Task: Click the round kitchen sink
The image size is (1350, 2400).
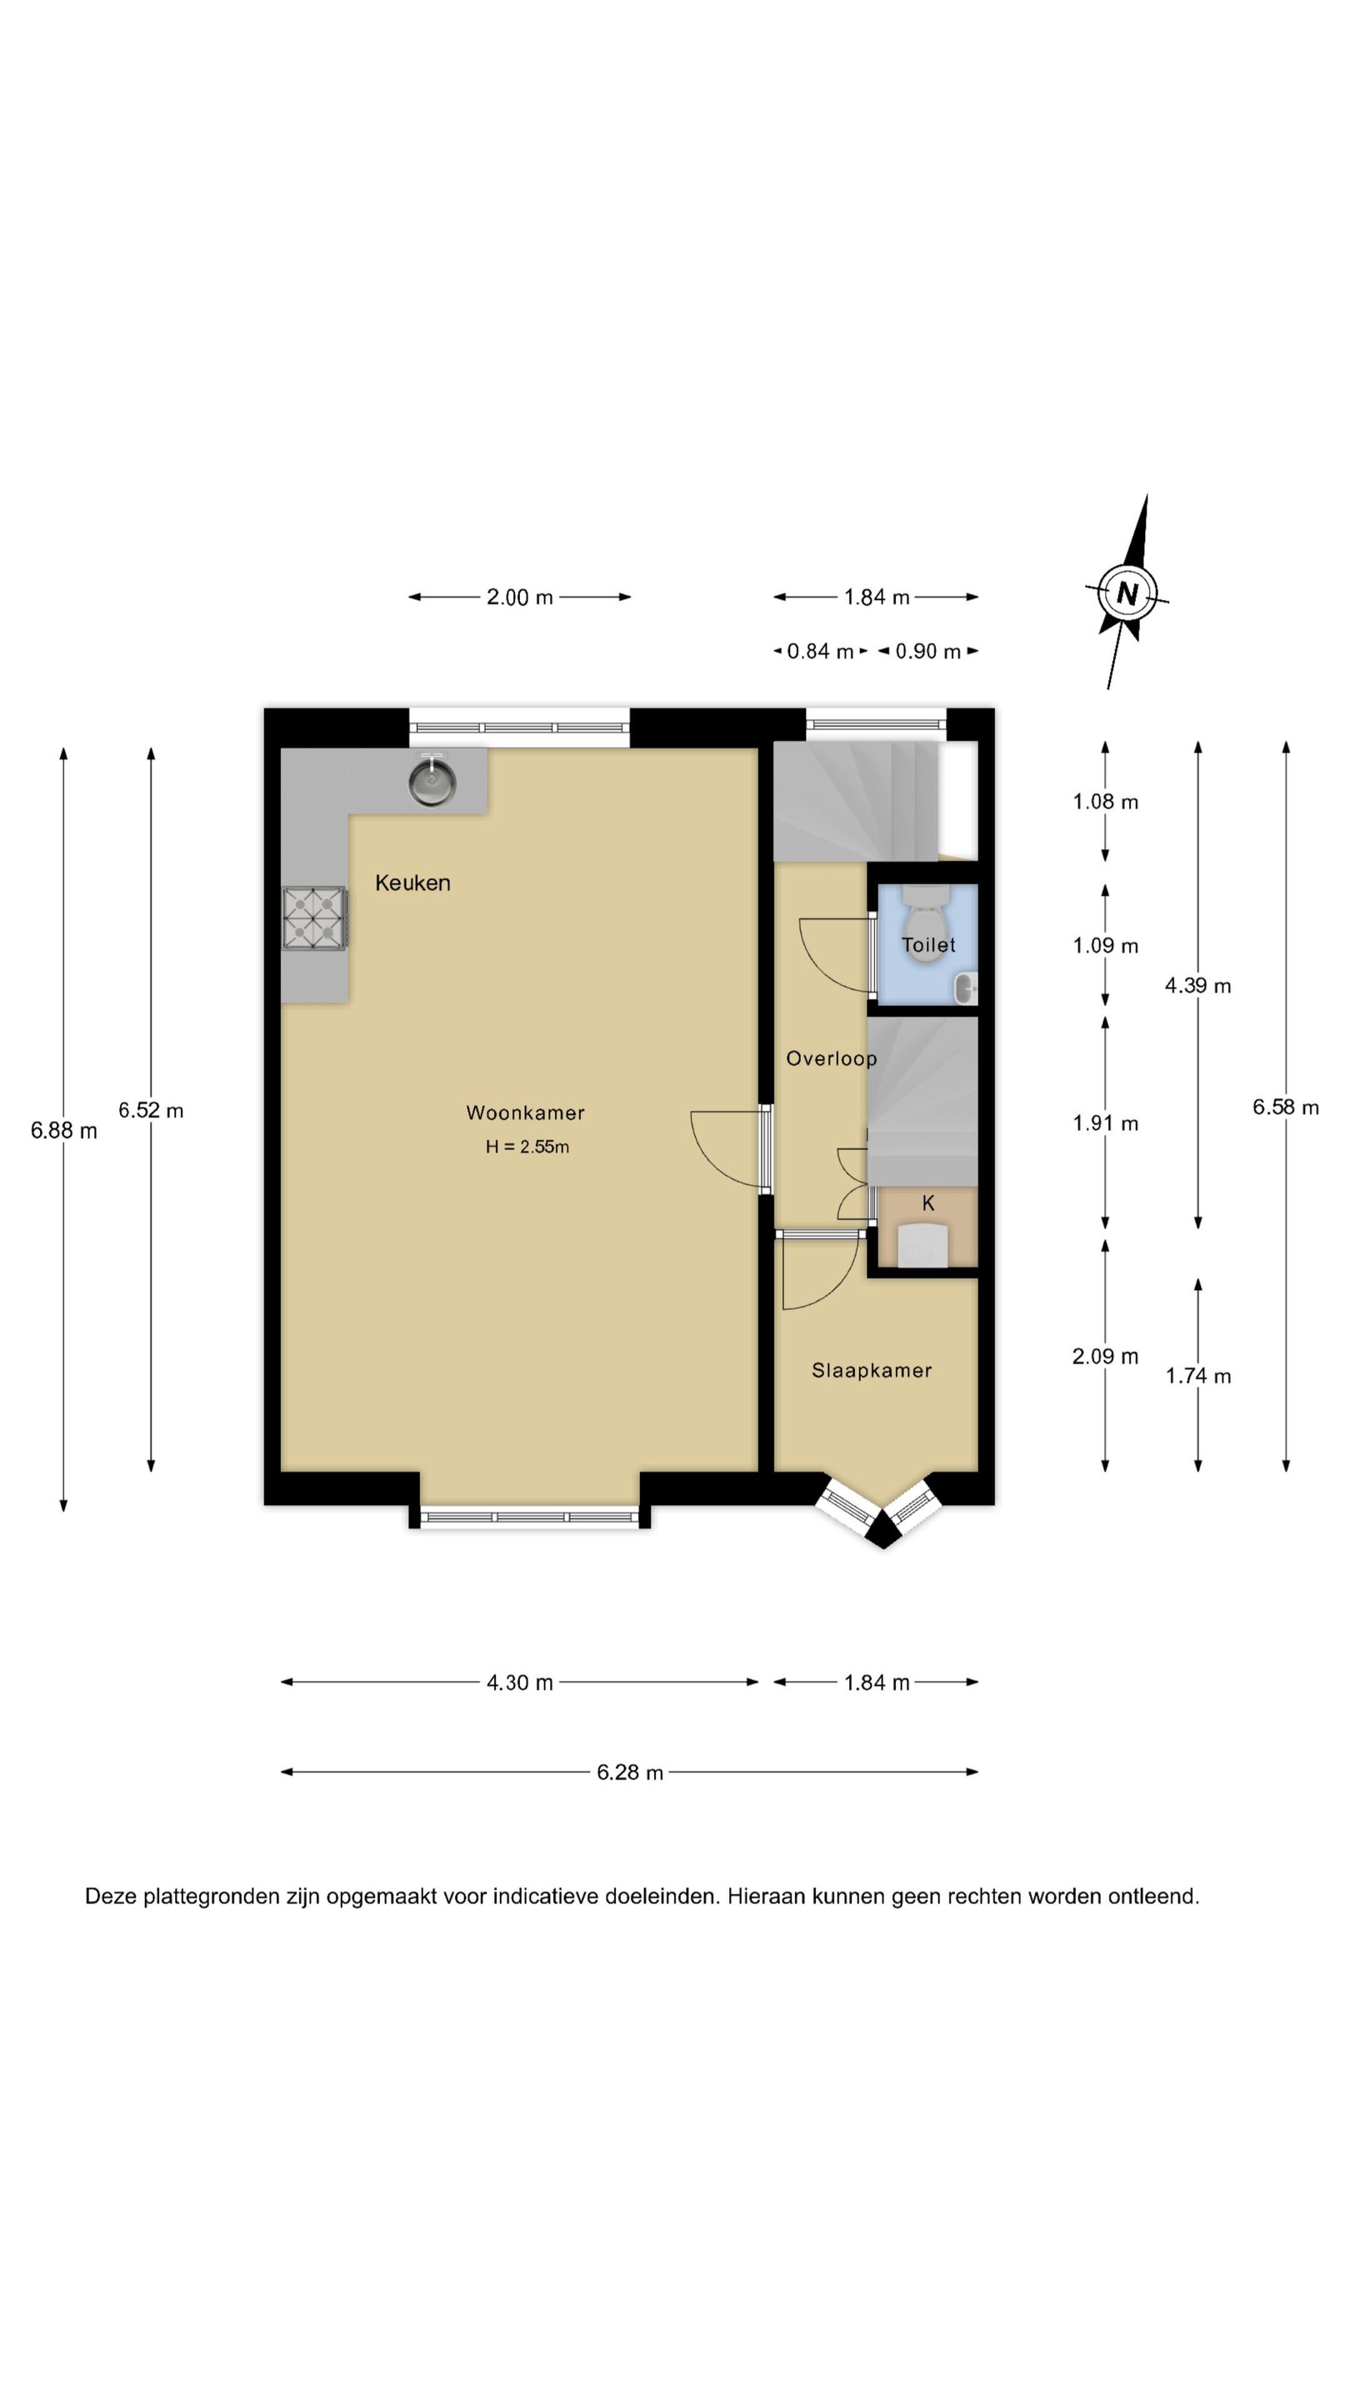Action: click(x=432, y=782)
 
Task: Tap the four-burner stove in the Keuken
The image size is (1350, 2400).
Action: click(x=314, y=918)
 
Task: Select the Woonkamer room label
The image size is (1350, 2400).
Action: click(x=526, y=1112)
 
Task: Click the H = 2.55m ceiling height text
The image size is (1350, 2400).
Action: click(x=527, y=1147)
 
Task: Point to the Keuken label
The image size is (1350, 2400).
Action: click(x=412, y=882)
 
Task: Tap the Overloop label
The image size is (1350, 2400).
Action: click(x=831, y=1058)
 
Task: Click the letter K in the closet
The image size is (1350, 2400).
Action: click(x=928, y=1202)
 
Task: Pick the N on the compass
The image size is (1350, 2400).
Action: click(x=1127, y=593)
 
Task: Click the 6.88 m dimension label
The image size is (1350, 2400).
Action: click(x=63, y=1130)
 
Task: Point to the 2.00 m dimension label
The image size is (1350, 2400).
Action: click(x=520, y=597)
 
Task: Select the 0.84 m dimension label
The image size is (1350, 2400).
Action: click(x=821, y=651)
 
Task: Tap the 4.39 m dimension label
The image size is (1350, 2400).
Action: click(x=1198, y=985)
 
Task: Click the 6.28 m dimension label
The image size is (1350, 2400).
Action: click(x=630, y=1772)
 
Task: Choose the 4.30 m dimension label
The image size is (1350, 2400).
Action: click(x=520, y=1682)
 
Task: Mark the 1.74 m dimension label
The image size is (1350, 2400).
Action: click(x=1198, y=1376)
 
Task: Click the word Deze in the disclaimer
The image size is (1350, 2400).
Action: click(x=111, y=1896)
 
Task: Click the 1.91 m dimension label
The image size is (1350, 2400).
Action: click(x=1106, y=1123)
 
